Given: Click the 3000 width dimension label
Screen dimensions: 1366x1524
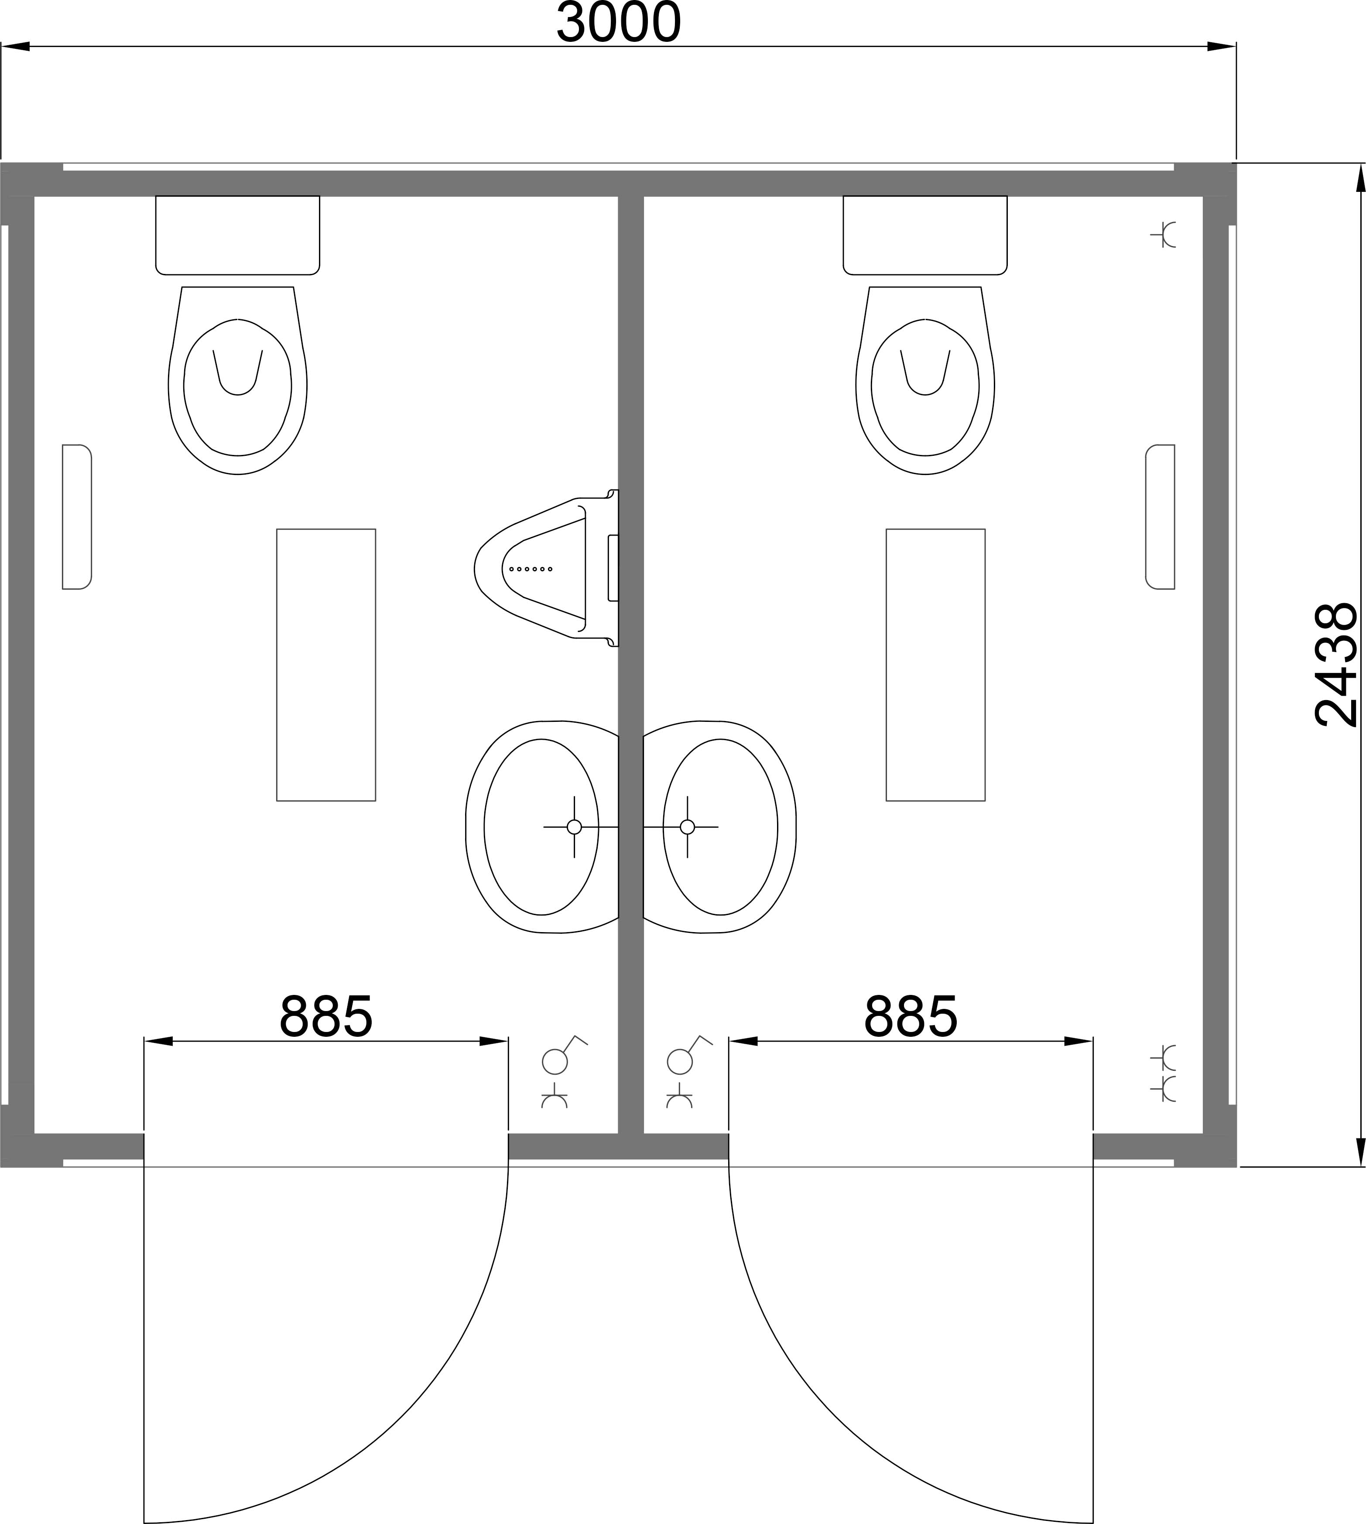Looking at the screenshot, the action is click(619, 23).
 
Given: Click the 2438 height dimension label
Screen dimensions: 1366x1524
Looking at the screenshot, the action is click(1337, 665).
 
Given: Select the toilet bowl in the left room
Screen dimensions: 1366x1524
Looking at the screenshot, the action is click(237, 380).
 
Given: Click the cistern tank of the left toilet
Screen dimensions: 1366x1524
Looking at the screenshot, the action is click(237, 235).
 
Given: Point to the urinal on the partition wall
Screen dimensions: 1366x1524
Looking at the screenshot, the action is click(546, 568).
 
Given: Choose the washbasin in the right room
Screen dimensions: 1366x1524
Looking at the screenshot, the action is click(719, 827).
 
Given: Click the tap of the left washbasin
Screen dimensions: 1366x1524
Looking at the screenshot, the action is click(574, 827).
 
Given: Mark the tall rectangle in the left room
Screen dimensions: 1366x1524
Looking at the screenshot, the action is click(326, 665).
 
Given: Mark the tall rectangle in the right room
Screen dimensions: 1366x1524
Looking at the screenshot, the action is click(935, 665).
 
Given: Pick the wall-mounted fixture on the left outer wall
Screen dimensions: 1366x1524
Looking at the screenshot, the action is click(76, 517).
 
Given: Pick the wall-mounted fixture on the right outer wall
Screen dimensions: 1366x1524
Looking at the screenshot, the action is click(1161, 517).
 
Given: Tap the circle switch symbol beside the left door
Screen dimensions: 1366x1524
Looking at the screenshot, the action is click(555, 1061).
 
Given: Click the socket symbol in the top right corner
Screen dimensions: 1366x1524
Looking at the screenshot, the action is click(1164, 235).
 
